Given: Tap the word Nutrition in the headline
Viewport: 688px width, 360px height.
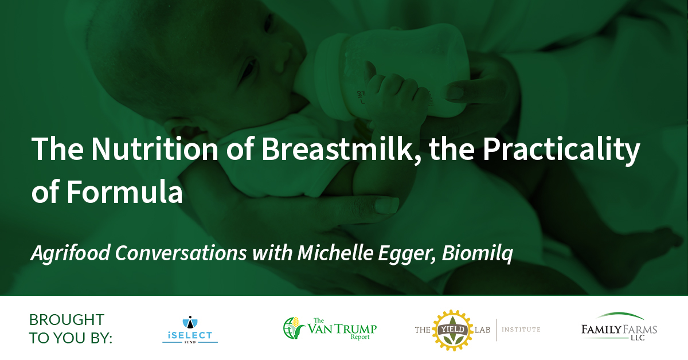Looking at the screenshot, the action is click(x=155, y=149).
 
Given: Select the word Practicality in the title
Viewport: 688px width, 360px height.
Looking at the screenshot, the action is click(x=561, y=151).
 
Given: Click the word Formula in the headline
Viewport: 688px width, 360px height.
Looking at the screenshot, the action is click(x=125, y=191).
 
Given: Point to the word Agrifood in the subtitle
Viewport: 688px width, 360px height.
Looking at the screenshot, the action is click(x=70, y=253).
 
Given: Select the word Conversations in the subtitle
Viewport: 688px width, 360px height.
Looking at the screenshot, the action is click(x=181, y=253).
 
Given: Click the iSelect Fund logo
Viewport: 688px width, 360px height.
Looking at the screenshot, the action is click(x=190, y=330).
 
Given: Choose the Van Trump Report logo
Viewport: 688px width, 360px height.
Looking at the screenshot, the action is click(x=330, y=328).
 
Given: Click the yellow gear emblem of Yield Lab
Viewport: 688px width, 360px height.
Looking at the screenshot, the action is click(x=452, y=330).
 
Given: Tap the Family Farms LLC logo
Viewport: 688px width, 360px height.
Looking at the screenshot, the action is click(x=619, y=327).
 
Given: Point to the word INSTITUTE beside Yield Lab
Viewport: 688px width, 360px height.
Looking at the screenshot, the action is click(x=521, y=330).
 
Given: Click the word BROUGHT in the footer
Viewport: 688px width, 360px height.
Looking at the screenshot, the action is click(x=67, y=320).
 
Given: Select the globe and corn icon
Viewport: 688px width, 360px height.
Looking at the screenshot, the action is click(x=294, y=328).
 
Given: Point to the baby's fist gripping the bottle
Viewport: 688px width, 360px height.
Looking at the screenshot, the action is click(x=396, y=98).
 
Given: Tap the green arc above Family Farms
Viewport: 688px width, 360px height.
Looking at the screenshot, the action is click(x=620, y=315).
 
